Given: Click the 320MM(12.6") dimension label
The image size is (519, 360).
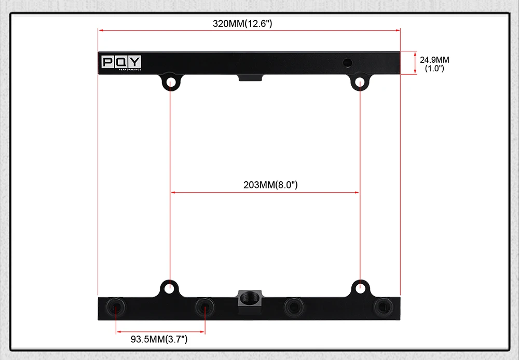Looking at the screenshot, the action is pyautogui.click(x=242, y=23).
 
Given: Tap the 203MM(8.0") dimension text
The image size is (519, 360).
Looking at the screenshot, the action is pyautogui.click(x=270, y=185).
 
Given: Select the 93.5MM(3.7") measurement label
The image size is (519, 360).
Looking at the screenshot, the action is pyautogui.click(x=159, y=339).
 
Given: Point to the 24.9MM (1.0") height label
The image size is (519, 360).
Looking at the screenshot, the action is pyautogui.click(x=434, y=64).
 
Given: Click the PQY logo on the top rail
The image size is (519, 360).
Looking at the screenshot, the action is pyautogui.click(x=121, y=62).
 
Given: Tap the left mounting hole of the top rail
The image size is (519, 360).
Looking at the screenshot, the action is pyautogui.click(x=171, y=82).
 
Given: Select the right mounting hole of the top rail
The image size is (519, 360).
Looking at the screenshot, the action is pyautogui.click(x=360, y=82).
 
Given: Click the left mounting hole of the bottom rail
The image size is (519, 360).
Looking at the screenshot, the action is pyautogui.click(x=169, y=288).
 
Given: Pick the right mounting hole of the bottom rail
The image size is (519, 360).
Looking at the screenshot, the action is pyautogui.click(x=360, y=288).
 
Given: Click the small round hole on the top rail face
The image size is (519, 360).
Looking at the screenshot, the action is pyautogui.click(x=347, y=62).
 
